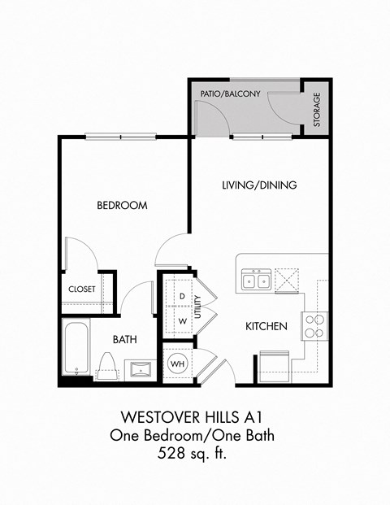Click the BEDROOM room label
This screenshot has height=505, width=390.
tap(122, 206)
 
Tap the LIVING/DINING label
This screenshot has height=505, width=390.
tap(259, 185)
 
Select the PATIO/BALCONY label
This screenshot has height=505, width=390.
tap(230, 94)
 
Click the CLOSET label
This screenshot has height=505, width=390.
tap(82, 289)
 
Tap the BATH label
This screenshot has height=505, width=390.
tap(124, 339)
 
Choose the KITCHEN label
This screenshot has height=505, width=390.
tap(266, 326)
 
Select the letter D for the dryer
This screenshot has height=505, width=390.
tap(183, 295)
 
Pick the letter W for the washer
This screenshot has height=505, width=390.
tap(183, 320)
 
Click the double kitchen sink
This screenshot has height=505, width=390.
tap(258, 281)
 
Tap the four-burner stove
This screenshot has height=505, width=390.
tap(314, 325)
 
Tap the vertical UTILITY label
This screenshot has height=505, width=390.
tap(197, 307)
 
